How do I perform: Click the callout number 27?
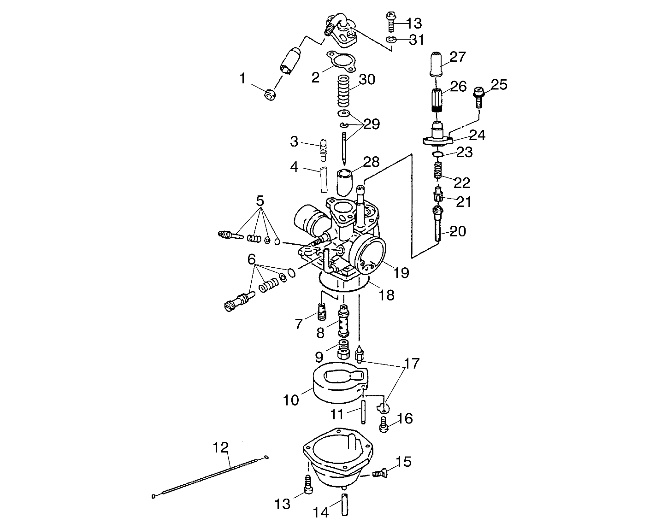[458, 57]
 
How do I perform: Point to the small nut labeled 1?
[271, 95]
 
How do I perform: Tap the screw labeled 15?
[380, 472]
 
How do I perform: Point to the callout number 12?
[221, 447]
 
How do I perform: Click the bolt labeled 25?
[478, 97]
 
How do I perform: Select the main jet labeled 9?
[343, 353]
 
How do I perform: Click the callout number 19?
[401, 272]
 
